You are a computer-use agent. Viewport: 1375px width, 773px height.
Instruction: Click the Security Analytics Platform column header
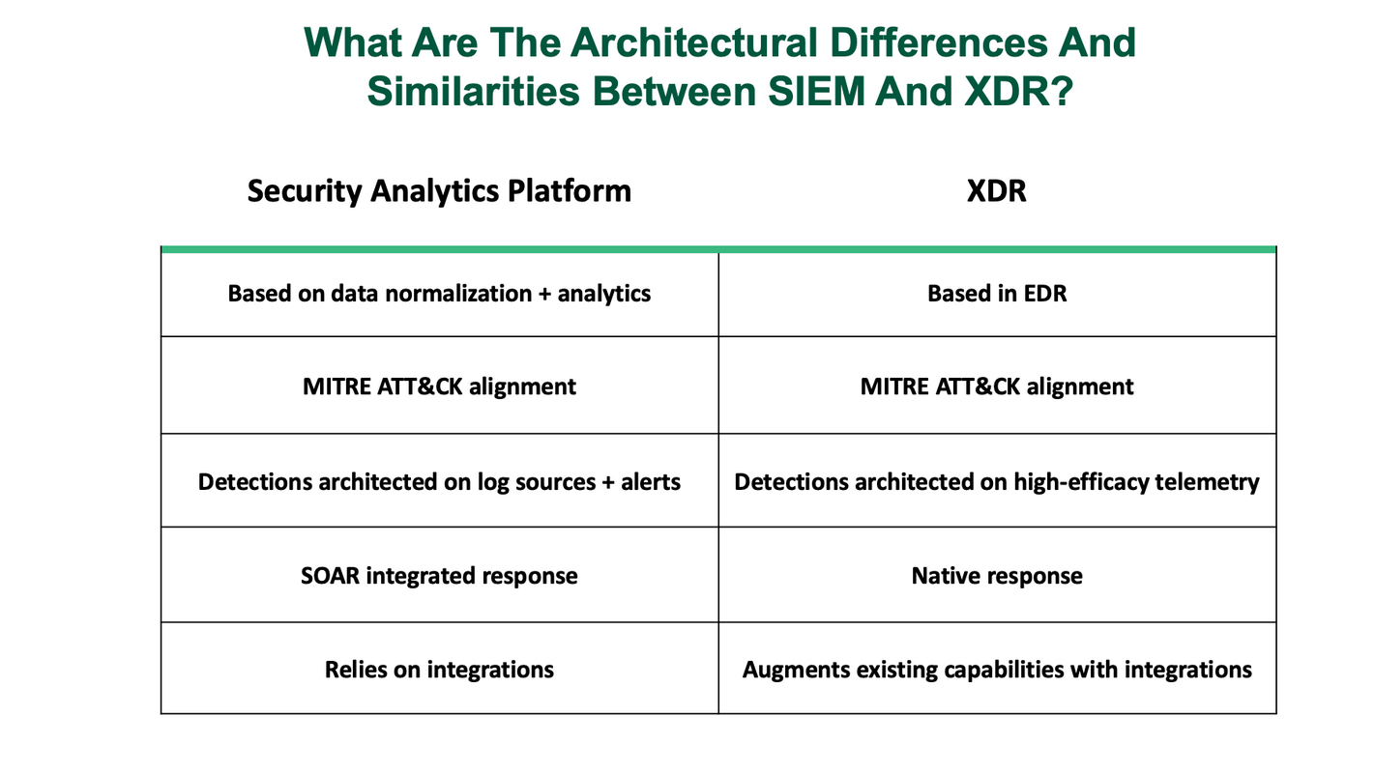(x=439, y=190)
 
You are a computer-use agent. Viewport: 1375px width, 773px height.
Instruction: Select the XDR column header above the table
(x=996, y=190)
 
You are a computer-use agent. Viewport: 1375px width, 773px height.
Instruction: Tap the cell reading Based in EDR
(x=996, y=294)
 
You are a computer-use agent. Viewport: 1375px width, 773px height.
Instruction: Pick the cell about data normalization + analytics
(x=439, y=294)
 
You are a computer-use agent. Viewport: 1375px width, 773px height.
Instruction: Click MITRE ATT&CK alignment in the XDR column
(x=996, y=386)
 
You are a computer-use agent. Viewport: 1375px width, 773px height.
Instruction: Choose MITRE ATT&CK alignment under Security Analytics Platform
(x=439, y=386)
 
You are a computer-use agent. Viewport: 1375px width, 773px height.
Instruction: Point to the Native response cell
(x=996, y=576)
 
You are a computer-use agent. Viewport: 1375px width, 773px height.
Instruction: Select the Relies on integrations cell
(x=439, y=669)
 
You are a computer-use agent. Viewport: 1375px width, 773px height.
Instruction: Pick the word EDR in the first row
(x=1044, y=294)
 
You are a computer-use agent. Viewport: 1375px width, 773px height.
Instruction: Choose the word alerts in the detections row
(x=650, y=481)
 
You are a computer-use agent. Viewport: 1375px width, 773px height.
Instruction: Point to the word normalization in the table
(x=458, y=294)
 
